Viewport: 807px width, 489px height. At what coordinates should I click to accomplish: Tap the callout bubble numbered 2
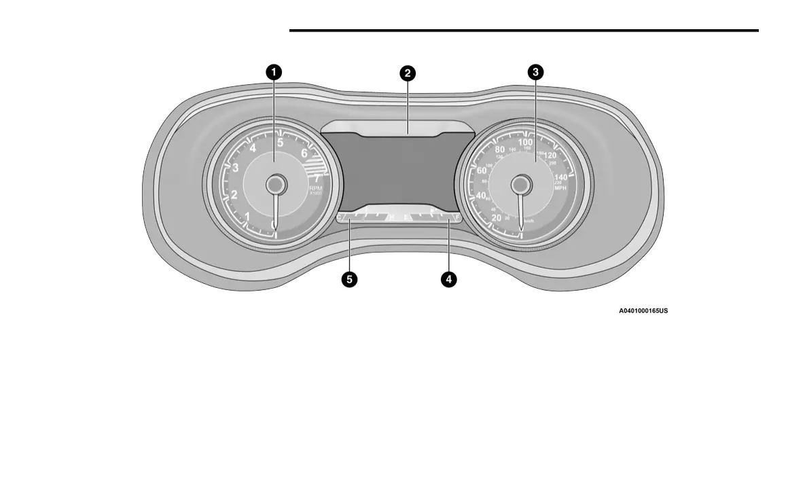coord(407,73)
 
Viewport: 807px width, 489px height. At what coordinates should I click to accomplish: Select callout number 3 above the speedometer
coord(536,72)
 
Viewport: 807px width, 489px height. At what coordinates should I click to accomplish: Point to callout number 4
coord(448,278)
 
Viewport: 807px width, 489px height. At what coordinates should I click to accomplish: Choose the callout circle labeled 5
coord(350,278)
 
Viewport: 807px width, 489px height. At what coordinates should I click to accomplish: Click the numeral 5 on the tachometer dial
coord(280,143)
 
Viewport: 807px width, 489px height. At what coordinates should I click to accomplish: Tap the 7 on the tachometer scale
coord(317,179)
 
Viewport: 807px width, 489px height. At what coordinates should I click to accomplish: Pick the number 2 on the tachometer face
coord(234,196)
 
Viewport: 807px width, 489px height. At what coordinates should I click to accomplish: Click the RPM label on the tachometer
coord(316,188)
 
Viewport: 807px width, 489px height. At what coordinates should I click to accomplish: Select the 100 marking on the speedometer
coord(525,142)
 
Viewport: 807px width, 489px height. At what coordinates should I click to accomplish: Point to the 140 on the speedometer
coord(560,177)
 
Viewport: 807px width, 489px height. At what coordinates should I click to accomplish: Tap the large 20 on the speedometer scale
coord(497,217)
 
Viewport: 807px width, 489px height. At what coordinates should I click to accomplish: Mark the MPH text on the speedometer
coord(560,187)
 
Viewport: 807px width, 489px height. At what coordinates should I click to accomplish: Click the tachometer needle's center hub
coord(275,184)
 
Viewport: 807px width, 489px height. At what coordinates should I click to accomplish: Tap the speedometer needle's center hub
coord(520,184)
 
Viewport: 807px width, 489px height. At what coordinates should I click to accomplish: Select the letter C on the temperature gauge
coord(340,217)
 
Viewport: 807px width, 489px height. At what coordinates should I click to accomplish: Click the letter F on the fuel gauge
coord(459,217)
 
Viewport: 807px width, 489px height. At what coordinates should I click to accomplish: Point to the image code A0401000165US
coord(643,310)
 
